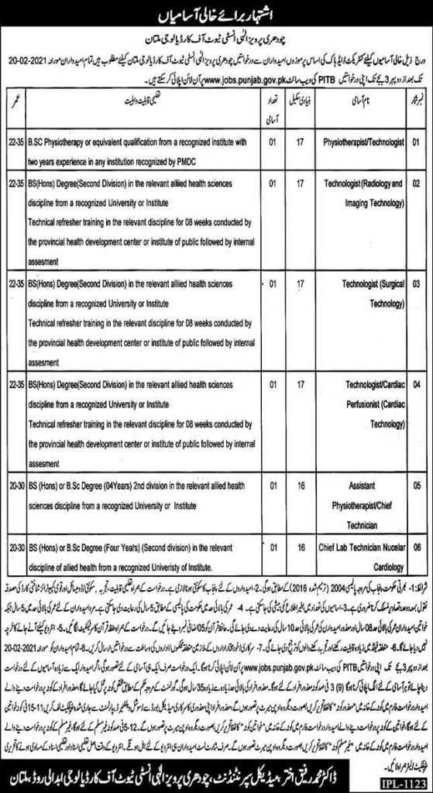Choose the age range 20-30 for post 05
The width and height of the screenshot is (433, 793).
pyautogui.click(x=13, y=482)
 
